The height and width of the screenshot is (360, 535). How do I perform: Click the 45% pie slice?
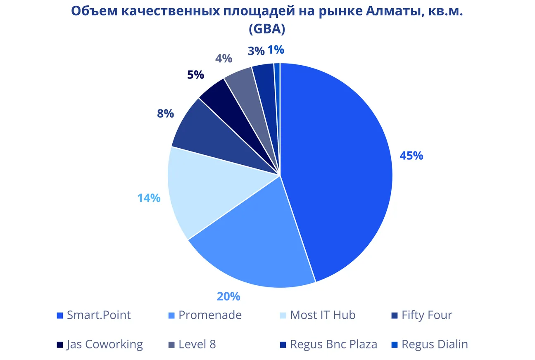339,165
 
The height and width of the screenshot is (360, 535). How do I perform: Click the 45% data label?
411,156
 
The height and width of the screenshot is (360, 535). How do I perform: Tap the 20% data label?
228,296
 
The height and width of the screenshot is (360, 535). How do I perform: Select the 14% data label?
149,198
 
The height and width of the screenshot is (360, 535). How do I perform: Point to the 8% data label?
165,114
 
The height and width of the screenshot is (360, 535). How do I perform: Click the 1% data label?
276,50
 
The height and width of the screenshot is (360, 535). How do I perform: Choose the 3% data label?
256,51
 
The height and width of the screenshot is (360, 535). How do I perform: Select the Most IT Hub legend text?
323,315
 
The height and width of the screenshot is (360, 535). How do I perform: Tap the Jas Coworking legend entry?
105,344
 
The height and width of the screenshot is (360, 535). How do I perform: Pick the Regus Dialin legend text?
435,344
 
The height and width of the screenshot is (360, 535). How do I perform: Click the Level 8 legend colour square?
171,345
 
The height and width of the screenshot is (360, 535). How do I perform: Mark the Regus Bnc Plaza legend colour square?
283,345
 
